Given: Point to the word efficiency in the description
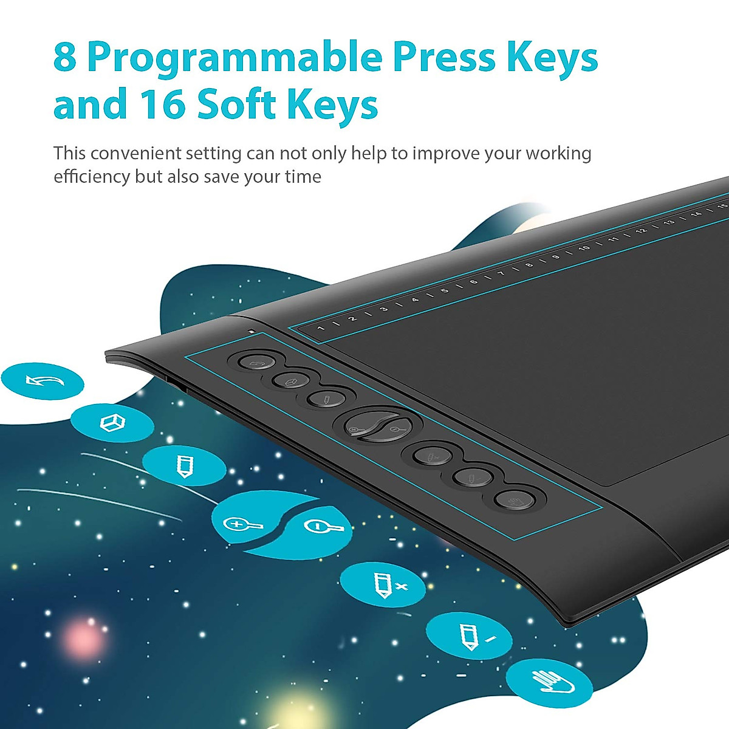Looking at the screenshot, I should [92, 177].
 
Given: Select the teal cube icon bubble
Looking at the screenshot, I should [112, 423].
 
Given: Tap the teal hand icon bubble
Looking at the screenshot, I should [549, 680].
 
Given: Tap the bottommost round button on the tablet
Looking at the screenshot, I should [514, 500].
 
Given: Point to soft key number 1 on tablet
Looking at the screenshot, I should [321, 328].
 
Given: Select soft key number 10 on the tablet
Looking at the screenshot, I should [584, 248].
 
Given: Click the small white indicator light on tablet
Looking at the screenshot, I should [252, 332].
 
